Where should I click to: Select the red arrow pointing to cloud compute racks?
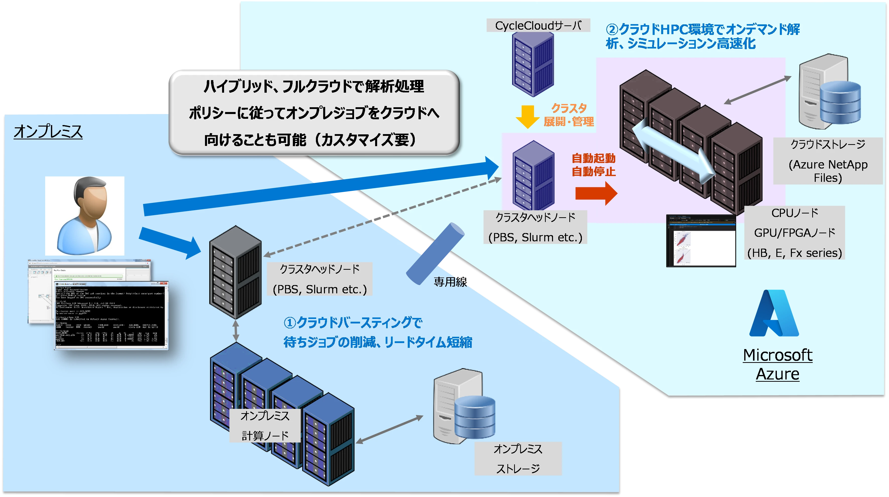(596, 193)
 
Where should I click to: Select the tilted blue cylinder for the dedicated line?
(435, 254)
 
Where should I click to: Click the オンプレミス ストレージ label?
(518, 459)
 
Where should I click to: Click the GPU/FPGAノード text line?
(794, 233)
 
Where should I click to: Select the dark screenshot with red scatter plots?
(701, 241)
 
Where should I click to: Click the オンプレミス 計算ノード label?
(265, 425)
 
